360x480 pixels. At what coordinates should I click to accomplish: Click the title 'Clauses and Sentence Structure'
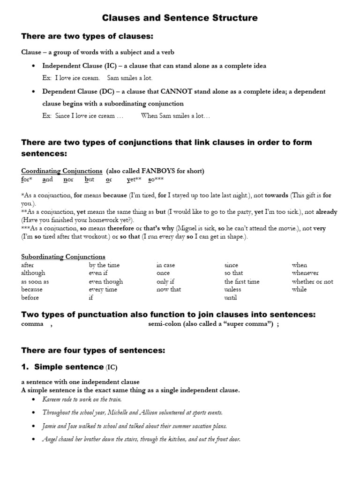point(180,18)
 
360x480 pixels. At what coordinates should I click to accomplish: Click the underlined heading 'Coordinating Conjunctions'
point(61,171)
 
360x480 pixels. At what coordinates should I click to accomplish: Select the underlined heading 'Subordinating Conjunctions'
point(63,256)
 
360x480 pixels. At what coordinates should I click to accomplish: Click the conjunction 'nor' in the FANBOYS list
point(68,180)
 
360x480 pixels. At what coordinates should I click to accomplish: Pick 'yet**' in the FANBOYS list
point(134,180)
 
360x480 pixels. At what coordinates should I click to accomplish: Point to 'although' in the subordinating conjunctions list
point(33,273)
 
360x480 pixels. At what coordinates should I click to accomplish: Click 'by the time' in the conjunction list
point(104,265)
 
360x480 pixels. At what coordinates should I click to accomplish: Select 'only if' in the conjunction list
point(165,281)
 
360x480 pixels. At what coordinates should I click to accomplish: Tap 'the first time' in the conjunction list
point(241,281)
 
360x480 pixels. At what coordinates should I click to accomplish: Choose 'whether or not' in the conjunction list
point(312,281)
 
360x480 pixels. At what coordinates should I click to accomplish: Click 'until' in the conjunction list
point(231,298)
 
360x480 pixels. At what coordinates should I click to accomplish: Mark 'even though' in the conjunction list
point(106,281)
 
